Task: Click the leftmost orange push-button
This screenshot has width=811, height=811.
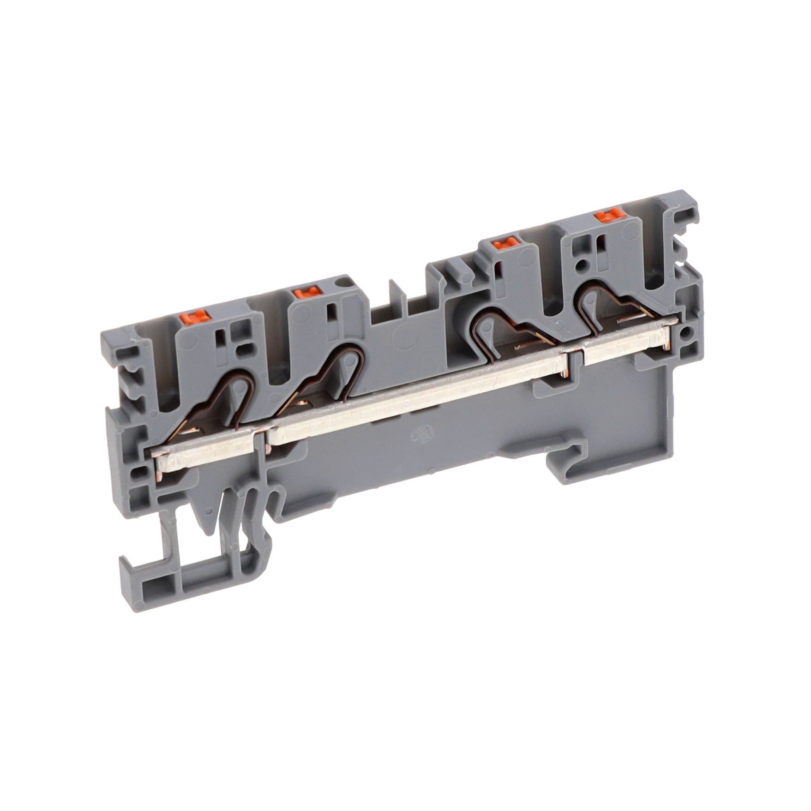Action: click(195, 317)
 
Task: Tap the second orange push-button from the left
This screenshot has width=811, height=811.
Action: click(307, 292)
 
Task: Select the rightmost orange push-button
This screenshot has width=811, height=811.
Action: click(610, 215)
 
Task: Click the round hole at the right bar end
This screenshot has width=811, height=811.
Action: click(686, 331)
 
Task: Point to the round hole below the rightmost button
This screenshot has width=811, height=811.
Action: click(583, 265)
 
